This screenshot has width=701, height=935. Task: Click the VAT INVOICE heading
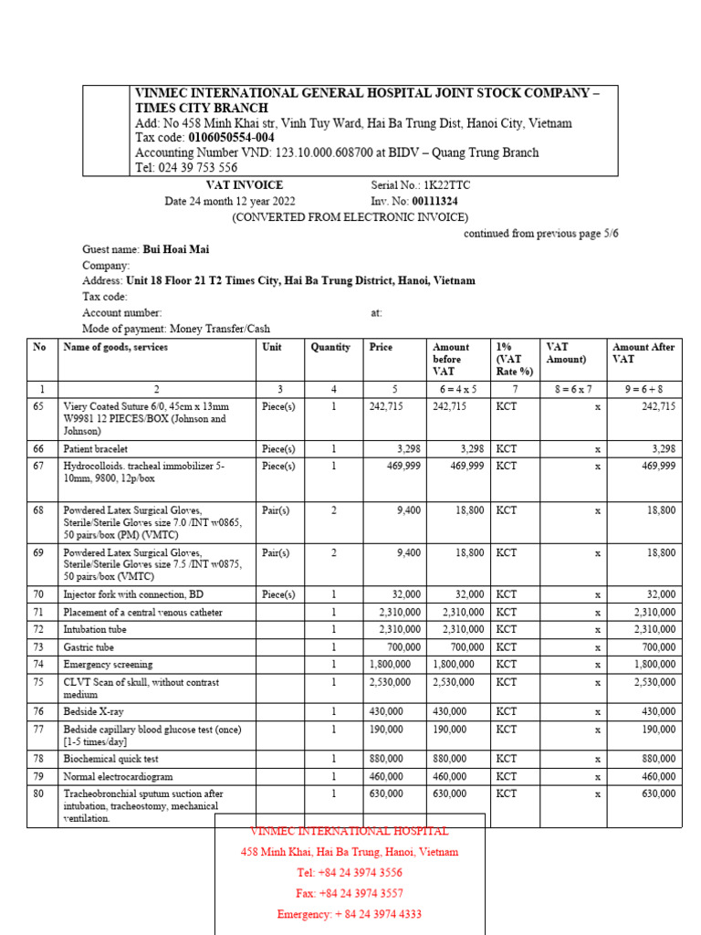[x=245, y=185]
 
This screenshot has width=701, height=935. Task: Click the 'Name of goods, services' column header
[x=115, y=348]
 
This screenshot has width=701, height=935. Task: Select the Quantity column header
[x=330, y=348]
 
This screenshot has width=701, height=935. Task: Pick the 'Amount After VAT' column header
[x=643, y=353]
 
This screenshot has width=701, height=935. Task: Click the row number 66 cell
[x=39, y=449]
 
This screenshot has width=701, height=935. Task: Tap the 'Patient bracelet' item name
[x=96, y=449]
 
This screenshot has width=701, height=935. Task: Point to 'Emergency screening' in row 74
[x=108, y=665]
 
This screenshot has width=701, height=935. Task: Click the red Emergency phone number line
[x=350, y=914]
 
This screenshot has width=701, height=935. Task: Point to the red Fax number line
[x=350, y=893]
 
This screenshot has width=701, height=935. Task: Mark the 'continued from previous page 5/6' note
[x=540, y=234]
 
